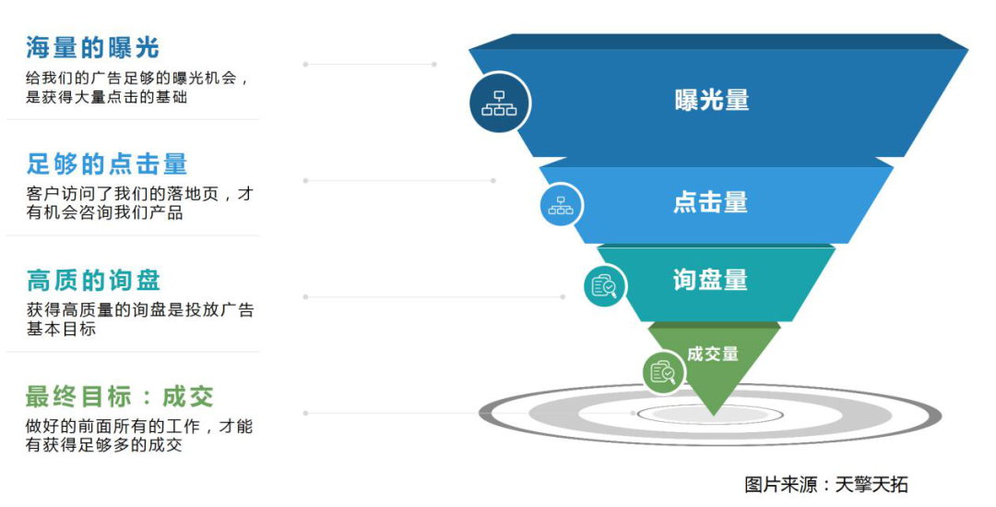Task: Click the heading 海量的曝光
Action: (92, 47)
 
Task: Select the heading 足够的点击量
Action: (107, 164)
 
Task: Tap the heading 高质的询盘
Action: (93, 280)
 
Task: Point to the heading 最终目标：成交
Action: (119, 396)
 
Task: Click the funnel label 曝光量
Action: (711, 100)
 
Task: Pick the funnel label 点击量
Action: (710, 202)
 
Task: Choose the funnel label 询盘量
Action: (710, 280)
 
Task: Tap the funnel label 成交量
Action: (713, 354)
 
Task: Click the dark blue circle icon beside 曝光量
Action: (499, 103)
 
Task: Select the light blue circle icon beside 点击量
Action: (561, 205)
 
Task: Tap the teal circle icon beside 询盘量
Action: (605, 285)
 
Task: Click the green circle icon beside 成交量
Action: (663, 372)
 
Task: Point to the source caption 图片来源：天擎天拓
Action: (825, 484)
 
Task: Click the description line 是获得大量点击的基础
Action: (106, 97)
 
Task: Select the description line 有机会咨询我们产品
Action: (105, 213)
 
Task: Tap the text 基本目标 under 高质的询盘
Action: (61, 329)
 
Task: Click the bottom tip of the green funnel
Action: (714, 416)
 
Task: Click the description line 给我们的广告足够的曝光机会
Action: (136, 78)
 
